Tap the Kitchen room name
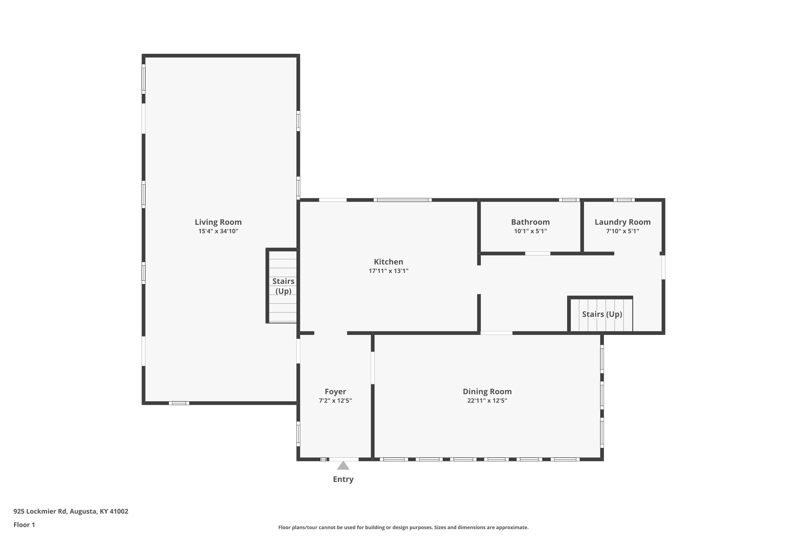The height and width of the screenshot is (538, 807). (x=388, y=262)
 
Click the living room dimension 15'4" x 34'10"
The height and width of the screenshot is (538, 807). (x=218, y=231)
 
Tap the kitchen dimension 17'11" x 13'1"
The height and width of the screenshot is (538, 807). (x=388, y=271)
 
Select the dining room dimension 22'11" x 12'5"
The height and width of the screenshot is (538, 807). (x=487, y=401)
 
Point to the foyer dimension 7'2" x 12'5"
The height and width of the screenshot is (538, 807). (x=335, y=401)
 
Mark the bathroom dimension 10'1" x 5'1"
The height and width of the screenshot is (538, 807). (x=530, y=231)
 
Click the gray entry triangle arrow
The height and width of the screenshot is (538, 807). (x=343, y=466)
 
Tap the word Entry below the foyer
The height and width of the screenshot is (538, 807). (x=343, y=479)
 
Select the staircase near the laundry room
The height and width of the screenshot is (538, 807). (x=600, y=314)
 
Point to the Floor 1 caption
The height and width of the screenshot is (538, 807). (x=24, y=525)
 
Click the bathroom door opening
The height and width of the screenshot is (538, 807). (x=538, y=254)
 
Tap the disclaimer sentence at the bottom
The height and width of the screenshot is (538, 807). (x=403, y=527)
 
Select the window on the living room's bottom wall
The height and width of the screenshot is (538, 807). (x=179, y=403)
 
